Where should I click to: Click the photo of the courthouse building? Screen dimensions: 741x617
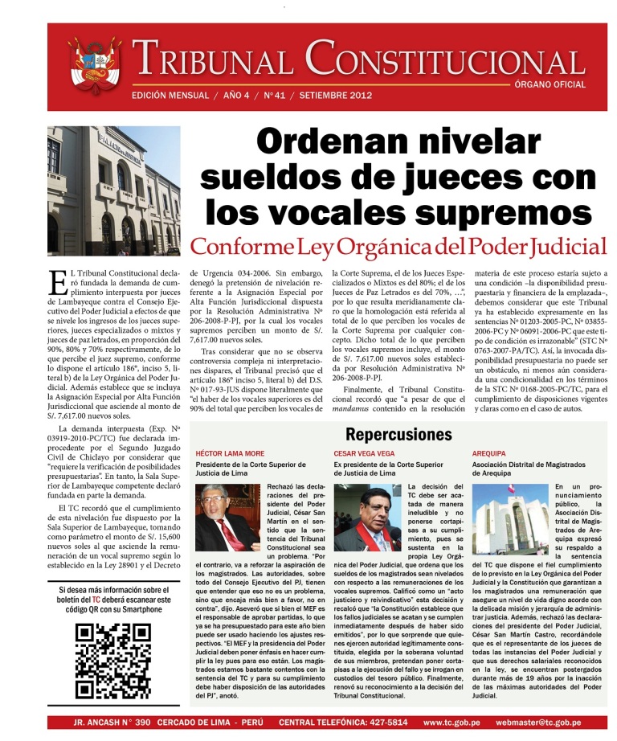113,179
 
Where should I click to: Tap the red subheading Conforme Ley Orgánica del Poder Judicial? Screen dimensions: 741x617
398,246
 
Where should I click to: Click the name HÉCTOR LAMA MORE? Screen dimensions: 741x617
231,454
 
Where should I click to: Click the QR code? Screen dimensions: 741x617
113,661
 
